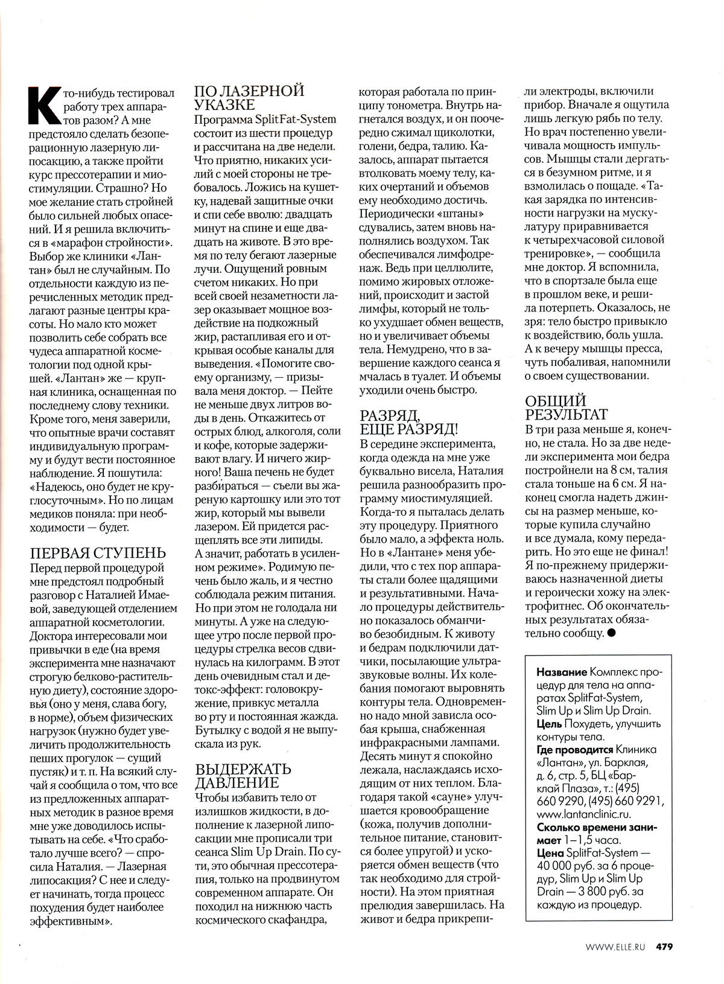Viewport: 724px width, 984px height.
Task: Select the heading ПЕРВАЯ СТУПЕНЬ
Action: pos(97,554)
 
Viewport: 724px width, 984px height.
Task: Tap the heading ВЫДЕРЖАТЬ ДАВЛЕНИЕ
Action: pos(243,776)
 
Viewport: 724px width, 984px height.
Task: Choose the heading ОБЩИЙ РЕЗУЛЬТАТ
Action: pos(566,408)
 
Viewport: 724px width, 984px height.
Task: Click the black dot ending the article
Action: pos(612,633)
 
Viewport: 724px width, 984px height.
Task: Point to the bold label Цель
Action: pos(548,723)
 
